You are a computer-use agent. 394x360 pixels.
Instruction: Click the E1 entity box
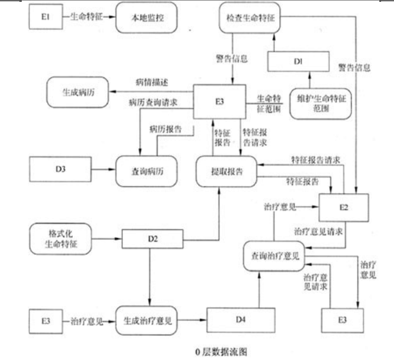45,18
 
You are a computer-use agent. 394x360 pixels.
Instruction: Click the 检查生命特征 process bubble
251,18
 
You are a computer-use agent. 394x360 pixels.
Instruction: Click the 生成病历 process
76,93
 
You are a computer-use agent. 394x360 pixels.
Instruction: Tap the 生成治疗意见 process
148,321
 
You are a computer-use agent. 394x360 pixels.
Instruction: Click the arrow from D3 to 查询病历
102,170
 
